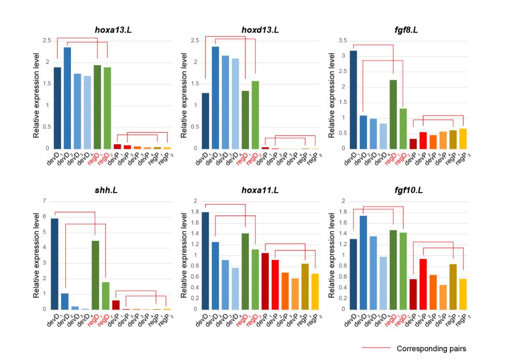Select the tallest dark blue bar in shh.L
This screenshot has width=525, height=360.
pyautogui.click(x=54, y=264)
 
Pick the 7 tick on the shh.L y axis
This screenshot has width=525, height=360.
pyautogui.click(x=45, y=201)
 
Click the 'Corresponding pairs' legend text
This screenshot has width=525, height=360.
pyautogui.click(x=431, y=349)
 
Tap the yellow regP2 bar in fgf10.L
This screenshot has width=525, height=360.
pyautogui.click(x=463, y=294)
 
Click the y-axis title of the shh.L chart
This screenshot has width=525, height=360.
pyautogui.click(x=36, y=255)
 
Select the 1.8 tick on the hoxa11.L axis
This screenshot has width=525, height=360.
pyautogui.click(x=193, y=212)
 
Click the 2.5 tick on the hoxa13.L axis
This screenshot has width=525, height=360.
pyautogui.click(x=47, y=40)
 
